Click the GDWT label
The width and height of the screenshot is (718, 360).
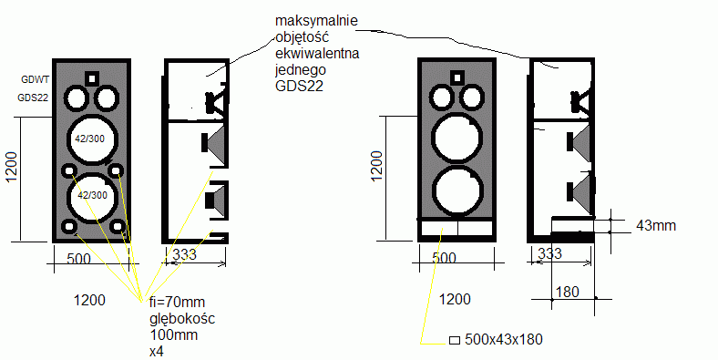pyautogui.click(x=35, y=79)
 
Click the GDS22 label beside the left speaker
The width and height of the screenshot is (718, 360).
pyautogui.click(x=33, y=98)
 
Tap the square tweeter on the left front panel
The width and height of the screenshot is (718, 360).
pyautogui.click(x=92, y=78)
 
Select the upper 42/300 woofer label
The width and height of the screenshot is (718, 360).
pyautogui.click(x=89, y=139)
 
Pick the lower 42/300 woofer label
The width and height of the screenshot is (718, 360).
pyautogui.click(x=93, y=195)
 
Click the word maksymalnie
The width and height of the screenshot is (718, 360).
pyautogui.click(x=316, y=22)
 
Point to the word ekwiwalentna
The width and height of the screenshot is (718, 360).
pyautogui.click(x=317, y=53)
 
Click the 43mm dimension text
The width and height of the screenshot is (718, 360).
pyautogui.click(x=656, y=225)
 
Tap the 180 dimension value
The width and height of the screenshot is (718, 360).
pyautogui.click(x=567, y=292)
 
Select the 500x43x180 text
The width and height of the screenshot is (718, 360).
pyautogui.click(x=504, y=339)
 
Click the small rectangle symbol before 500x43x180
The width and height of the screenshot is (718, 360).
pyautogui.click(x=455, y=340)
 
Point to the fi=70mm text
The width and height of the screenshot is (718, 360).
pyautogui.click(x=177, y=303)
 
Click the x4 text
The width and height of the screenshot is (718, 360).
pyautogui.click(x=157, y=352)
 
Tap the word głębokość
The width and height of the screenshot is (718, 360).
pyautogui.click(x=182, y=319)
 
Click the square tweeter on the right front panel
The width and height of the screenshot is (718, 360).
pyautogui.click(x=456, y=77)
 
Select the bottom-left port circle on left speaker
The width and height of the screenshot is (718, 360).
pyautogui.click(x=69, y=227)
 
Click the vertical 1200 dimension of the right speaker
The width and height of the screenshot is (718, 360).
pyautogui.click(x=376, y=166)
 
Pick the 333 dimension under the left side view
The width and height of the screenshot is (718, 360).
pyautogui.click(x=185, y=254)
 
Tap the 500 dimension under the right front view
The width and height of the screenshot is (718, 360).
pyautogui.click(x=444, y=258)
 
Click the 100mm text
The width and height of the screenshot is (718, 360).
pyautogui.click(x=174, y=334)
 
